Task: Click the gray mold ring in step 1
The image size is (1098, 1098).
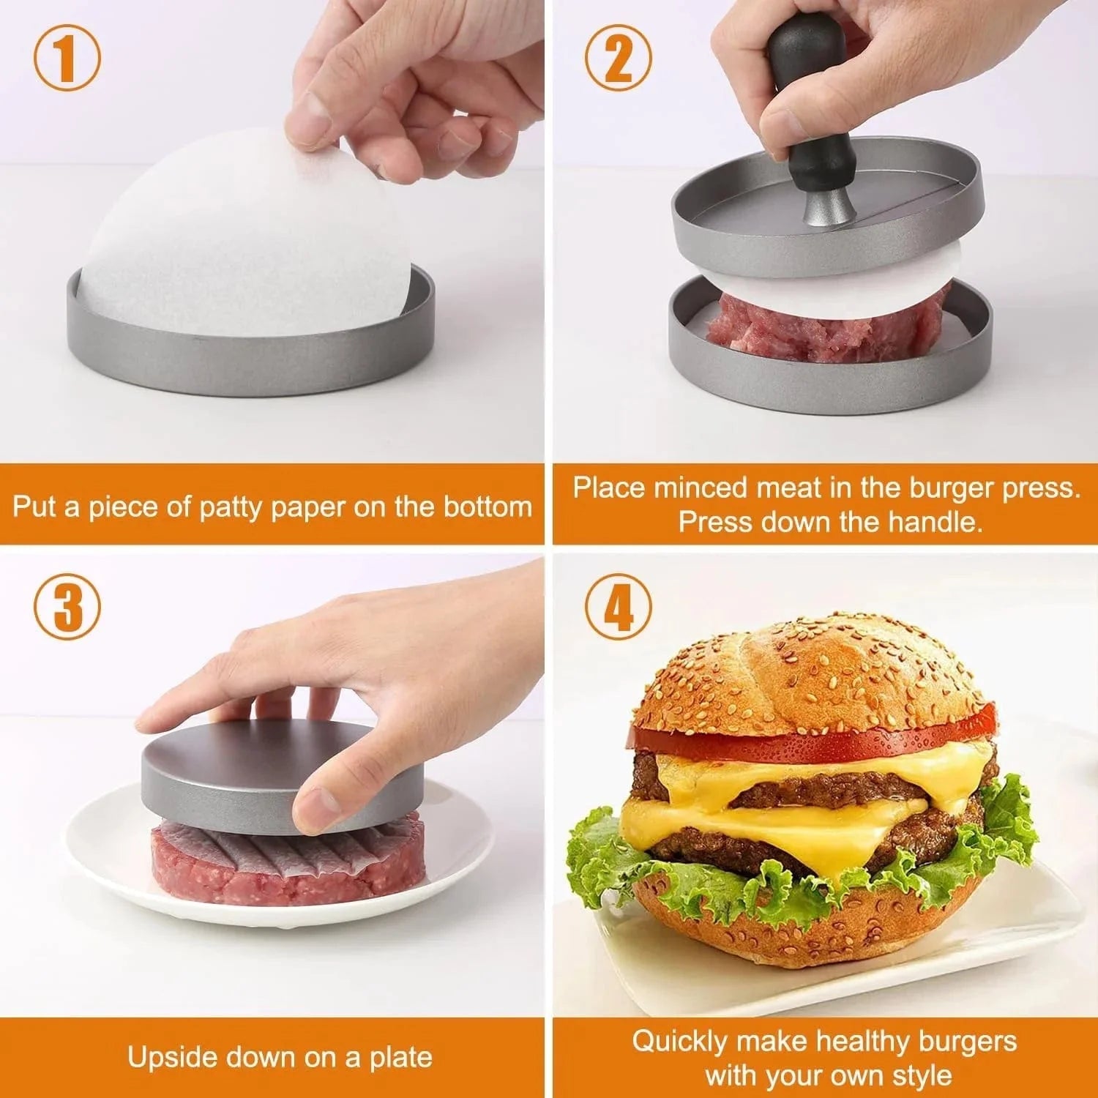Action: click(x=249, y=362)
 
